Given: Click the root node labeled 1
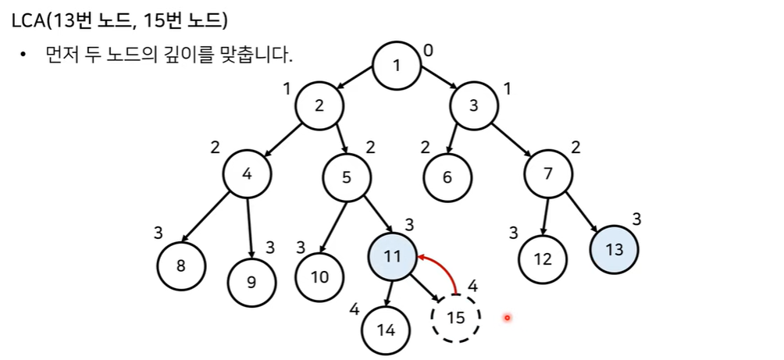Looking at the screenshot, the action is [x=397, y=64].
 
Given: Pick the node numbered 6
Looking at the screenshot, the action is [x=447, y=176].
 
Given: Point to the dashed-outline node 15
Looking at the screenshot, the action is [x=456, y=318].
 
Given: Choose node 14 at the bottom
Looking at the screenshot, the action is [x=386, y=329].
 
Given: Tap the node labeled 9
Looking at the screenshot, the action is [x=251, y=281].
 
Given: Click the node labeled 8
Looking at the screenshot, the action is [x=181, y=266].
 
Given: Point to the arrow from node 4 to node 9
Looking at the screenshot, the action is [x=250, y=226].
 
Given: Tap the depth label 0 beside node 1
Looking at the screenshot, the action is [x=427, y=51].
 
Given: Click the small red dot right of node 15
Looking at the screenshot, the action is [x=507, y=318].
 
